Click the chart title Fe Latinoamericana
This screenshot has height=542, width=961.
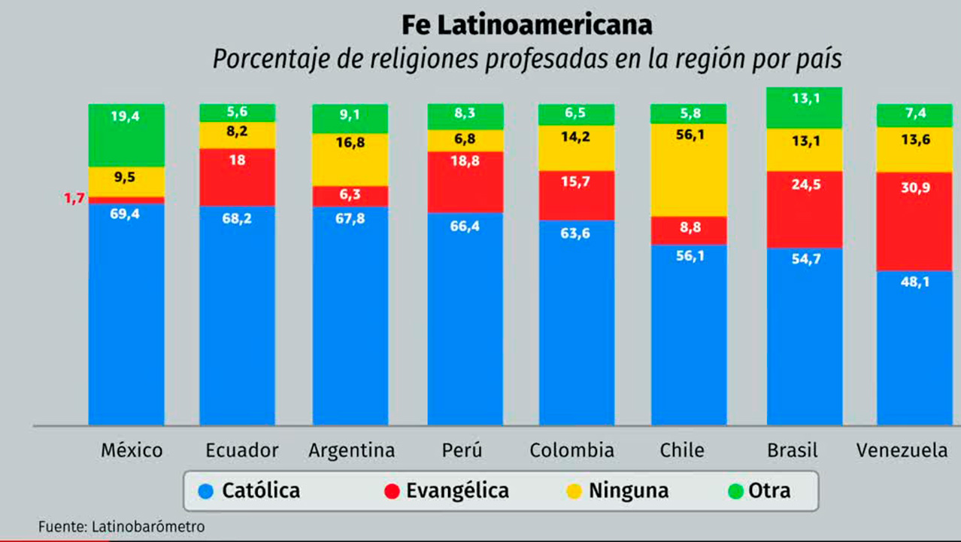[526, 26]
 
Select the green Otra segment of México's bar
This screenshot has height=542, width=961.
[126, 135]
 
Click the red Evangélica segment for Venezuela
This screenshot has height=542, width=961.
[914, 221]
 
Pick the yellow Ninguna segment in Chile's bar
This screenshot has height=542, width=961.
[689, 170]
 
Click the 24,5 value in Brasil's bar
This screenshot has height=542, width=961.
[805, 203]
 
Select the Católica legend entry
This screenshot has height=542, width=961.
[249, 492]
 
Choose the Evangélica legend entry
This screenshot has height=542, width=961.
[446, 492]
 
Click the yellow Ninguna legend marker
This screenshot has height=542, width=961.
[574, 492]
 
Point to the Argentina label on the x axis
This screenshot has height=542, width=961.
[351, 451]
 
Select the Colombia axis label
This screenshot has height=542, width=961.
[571, 451]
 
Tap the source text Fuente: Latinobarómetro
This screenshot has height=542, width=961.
[121, 527]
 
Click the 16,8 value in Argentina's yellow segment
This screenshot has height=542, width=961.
[350, 142]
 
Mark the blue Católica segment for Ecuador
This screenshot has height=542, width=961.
[237, 316]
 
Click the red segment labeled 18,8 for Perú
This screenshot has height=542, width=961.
[465, 181]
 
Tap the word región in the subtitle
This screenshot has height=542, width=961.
[723, 59]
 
